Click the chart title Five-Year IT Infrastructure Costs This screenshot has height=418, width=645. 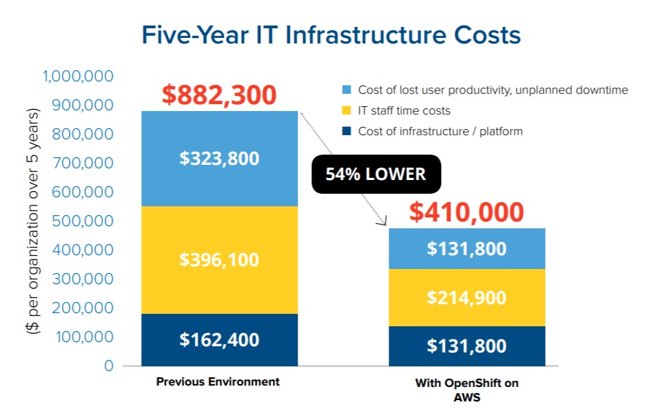click(331, 34)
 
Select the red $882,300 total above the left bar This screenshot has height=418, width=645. click(219, 95)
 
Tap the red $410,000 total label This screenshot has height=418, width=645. click(467, 212)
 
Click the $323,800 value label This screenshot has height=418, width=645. click(219, 159)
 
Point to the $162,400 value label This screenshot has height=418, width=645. click(219, 339)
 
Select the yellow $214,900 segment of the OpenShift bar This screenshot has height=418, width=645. click(467, 297)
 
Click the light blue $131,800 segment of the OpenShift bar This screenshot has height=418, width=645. click(467, 249)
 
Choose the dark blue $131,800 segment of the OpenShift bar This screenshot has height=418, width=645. click(467, 346)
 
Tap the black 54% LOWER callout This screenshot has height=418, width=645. click(376, 174)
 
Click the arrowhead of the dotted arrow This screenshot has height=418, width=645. click(380, 222)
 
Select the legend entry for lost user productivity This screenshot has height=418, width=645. click(485, 90)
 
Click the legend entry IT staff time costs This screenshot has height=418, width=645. click(397, 110)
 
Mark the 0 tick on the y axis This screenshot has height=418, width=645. click(108, 366)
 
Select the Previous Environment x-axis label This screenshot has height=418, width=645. click(218, 381)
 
